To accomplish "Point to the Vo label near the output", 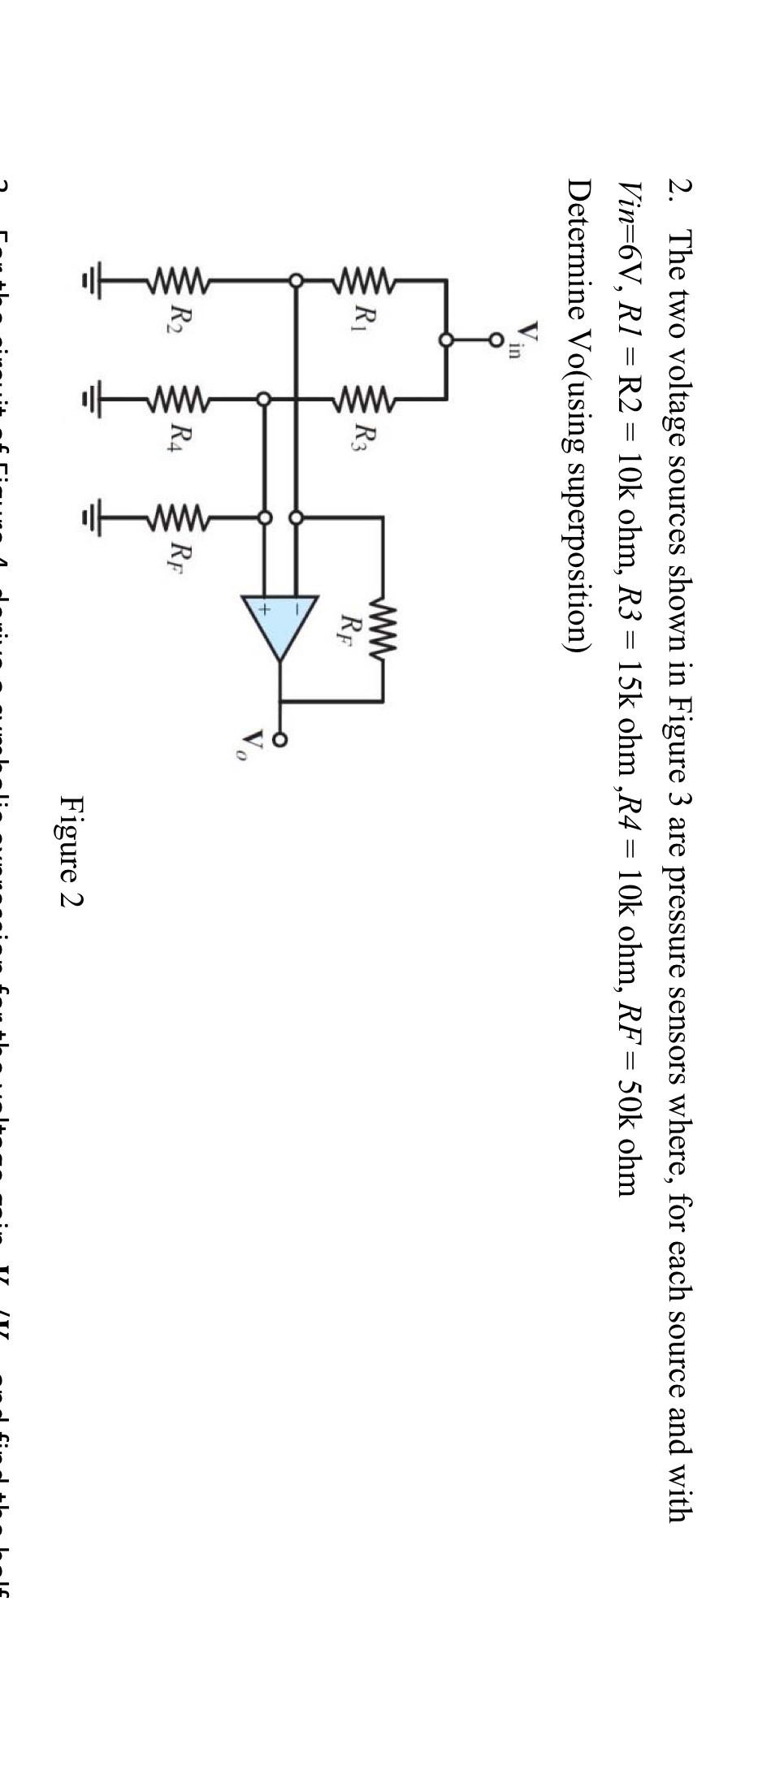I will pos(254,741).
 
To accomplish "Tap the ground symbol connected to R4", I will pos(93,399).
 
